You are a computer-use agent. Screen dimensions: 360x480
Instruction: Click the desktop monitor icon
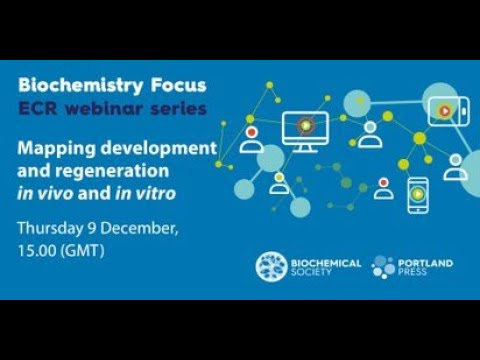[305, 131]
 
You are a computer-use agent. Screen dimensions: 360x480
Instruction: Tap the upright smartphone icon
[417, 194]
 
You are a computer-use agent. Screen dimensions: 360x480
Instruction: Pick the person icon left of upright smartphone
[383, 188]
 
